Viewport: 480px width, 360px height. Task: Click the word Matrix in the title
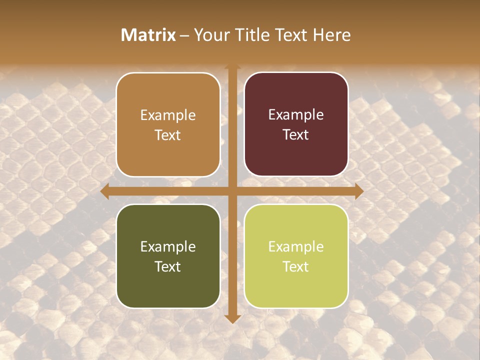148,35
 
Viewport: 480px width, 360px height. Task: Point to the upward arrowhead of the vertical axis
232,66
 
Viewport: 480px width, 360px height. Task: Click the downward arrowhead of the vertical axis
232,319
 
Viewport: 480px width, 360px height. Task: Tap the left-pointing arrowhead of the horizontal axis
104,191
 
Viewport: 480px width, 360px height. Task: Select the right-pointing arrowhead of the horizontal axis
358,191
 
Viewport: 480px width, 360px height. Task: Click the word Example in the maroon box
296,115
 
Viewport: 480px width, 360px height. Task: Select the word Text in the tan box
168,135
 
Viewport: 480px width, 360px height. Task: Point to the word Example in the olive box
168,246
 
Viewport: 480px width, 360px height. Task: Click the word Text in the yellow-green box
296,266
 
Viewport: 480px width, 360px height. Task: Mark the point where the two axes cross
232,191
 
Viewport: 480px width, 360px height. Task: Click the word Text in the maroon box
296,135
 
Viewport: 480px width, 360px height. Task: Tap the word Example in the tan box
168,115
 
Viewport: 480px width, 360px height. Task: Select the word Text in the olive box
168,266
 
